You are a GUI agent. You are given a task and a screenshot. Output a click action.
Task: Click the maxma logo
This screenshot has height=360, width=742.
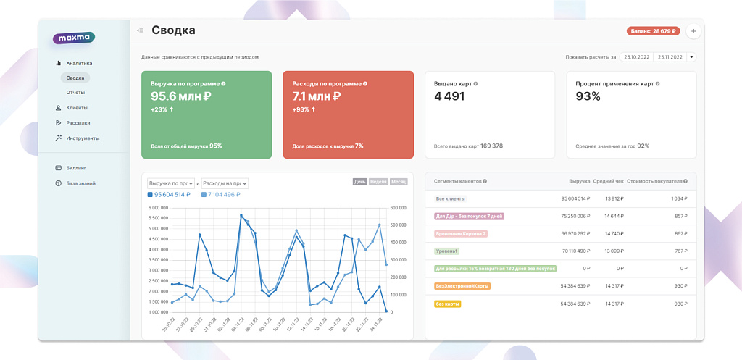[x=73, y=38]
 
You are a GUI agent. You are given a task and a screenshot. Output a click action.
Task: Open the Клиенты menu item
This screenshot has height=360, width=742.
[x=76, y=108]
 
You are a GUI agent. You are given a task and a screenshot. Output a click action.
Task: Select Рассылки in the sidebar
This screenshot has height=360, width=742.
[x=78, y=123]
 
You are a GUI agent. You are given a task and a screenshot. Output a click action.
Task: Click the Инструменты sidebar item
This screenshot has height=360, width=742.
[x=82, y=138]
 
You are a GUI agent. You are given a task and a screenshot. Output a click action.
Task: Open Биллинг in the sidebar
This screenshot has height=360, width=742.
[x=75, y=168]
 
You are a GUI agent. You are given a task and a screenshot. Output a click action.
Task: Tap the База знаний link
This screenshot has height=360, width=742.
[x=80, y=183]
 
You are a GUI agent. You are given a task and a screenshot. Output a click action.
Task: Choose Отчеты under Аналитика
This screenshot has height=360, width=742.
[x=75, y=93]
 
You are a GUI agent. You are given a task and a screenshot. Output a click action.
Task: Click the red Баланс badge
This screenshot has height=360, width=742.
[x=653, y=31]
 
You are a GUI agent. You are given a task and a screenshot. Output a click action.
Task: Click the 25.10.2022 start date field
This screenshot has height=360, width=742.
[x=636, y=57]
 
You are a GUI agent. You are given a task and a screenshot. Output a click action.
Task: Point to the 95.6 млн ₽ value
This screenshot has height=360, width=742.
[x=180, y=96]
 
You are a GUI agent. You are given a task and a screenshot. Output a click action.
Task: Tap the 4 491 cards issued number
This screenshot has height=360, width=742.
[x=449, y=96]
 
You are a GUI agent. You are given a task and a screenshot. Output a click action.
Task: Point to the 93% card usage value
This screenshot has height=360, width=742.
[x=588, y=96]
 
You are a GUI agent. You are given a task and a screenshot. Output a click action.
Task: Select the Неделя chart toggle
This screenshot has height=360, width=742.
[x=378, y=182]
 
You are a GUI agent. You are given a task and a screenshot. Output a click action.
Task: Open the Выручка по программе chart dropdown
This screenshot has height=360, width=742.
[x=170, y=183]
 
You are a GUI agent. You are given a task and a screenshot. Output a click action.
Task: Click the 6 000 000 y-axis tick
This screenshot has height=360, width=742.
[x=158, y=208]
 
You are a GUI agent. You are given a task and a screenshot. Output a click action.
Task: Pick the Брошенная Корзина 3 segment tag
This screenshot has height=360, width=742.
[x=460, y=233]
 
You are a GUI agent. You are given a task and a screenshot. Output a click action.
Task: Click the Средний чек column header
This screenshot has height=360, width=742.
[x=609, y=181]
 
